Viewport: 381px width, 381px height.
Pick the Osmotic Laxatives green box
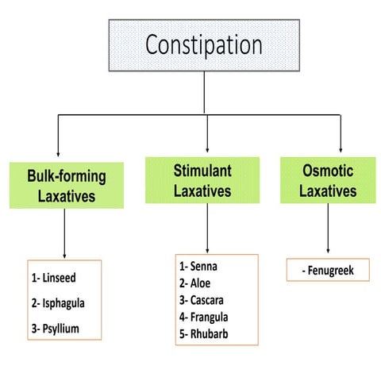(329, 180)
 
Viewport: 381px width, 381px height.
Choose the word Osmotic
(329, 170)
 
